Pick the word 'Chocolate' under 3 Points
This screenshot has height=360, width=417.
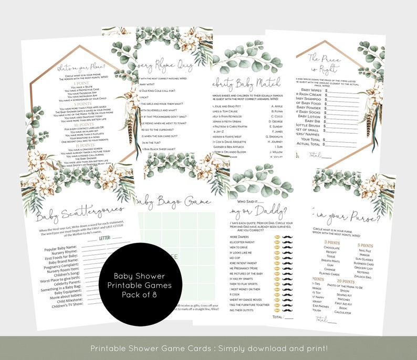click(331, 247)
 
